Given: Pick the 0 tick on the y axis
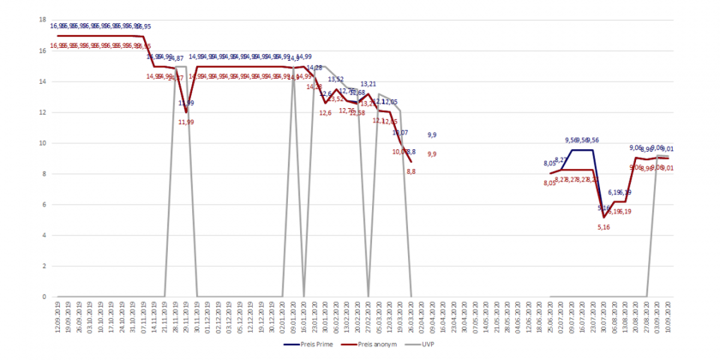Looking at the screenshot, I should point(44,297).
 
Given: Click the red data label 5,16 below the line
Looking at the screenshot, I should point(603,227).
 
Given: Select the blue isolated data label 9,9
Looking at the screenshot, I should point(432,135).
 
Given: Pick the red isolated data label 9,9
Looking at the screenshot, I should point(432,154).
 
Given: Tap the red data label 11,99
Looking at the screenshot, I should point(186,123).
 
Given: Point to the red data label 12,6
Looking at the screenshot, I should point(326,113).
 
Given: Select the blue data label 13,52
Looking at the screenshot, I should point(336,80).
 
